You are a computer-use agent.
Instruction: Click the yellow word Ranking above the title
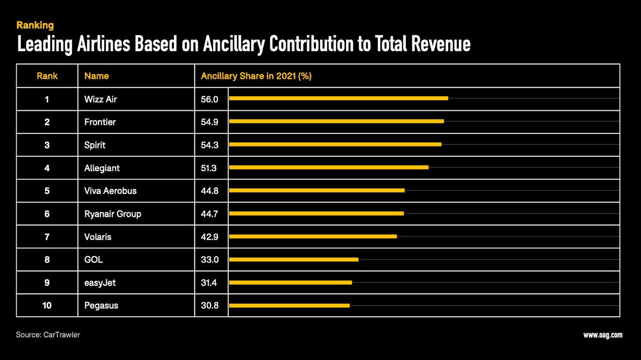click(35, 25)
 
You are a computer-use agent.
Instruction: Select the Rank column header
click(47, 76)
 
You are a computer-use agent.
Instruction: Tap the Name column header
click(97, 76)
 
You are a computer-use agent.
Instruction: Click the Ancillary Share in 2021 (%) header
click(256, 76)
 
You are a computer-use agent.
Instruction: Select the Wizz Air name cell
click(100, 99)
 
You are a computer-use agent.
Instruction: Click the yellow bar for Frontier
click(336, 121)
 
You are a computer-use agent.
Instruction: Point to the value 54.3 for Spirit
click(209, 145)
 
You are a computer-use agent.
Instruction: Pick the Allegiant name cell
click(102, 168)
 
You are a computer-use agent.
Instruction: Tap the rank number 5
click(47, 191)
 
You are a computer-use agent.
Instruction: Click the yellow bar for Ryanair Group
click(316, 214)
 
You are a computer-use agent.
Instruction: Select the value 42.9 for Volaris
click(209, 237)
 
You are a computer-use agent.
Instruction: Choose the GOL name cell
click(94, 260)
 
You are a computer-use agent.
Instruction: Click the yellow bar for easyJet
click(291, 282)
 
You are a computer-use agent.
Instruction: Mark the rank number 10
click(47, 305)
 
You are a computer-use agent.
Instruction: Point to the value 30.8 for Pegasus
click(209, 305)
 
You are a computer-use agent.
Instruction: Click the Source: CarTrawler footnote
click(48, 335)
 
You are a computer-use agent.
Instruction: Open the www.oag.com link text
click(603, 335)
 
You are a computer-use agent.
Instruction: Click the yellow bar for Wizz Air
click(338, 98)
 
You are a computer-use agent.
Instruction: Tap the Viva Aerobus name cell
click(110, 191)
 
